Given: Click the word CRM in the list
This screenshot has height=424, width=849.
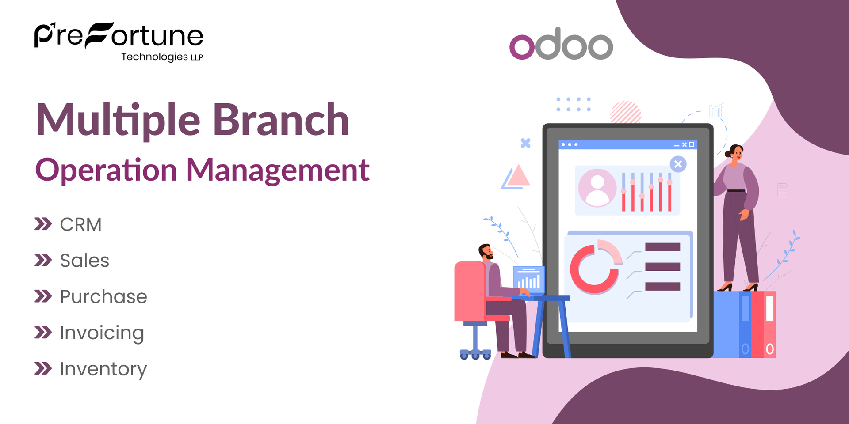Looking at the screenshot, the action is [x=81, y=224].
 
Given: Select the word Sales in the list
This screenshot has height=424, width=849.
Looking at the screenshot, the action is [x=84, y=261].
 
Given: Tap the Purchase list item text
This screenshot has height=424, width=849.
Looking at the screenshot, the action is [x=103, y=296].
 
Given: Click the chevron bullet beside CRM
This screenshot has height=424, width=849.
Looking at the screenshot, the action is [x=43, y=224].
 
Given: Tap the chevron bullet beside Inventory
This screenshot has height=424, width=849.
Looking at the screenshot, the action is [x=43, y=368].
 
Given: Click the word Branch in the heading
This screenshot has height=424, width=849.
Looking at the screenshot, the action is [x=281, y=120].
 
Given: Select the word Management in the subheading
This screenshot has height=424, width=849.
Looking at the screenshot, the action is [x=278, y=170].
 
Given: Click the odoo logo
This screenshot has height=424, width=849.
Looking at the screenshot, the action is [x=561, y=44].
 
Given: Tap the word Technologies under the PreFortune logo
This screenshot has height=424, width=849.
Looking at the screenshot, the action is [x=154, y=57].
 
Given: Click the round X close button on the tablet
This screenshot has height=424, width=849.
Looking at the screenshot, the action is [x=678, y=164].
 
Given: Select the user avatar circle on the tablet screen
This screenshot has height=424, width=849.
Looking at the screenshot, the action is [x=597, y=188].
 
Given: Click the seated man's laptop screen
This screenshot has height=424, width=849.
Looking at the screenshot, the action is [x=529, y=280].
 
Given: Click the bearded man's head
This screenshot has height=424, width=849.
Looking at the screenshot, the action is [x=486, y=252].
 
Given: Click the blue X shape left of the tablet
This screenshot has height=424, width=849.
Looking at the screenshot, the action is [x=525, y=143].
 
